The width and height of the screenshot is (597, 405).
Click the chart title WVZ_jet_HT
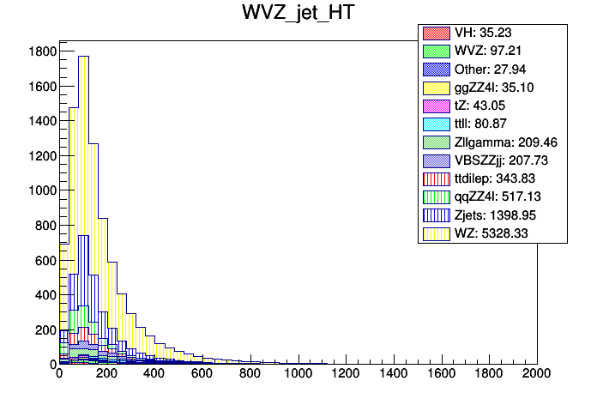click(x=298, y=15)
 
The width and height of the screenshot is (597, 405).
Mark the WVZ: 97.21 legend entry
click(x=493, y=51)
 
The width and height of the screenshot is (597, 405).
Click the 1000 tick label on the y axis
click(x=40, y=190)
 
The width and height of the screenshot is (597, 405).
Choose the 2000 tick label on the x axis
click(x=536, y=375)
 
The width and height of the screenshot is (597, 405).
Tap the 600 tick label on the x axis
click(x=202, y=375)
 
